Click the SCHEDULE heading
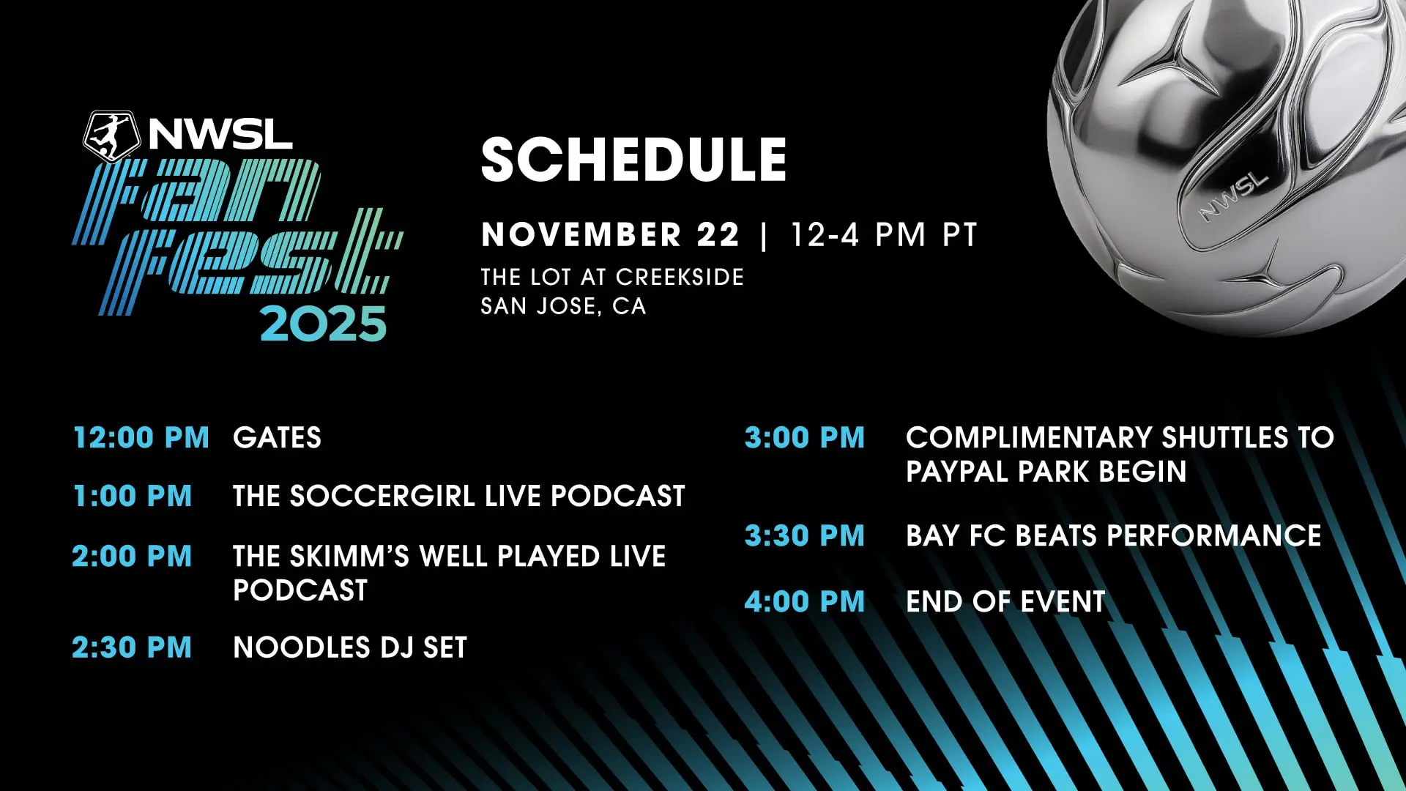(633, 160)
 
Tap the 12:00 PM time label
(141, 438)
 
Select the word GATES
(277, 438)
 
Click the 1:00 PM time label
(133, 497)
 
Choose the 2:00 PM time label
(132, 557)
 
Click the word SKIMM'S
(349, 557)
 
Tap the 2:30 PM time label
(132, 648)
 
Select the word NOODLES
(287, 648)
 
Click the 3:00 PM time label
(805, 438)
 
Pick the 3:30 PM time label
(805, 536)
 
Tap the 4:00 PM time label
(805, 602)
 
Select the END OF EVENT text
(1005, 602)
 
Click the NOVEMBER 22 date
(610, 235)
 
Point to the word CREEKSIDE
(680, 277)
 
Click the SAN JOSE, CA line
(563, 306)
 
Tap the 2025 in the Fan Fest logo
(323, 324)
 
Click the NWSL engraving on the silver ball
(1232, 196)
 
